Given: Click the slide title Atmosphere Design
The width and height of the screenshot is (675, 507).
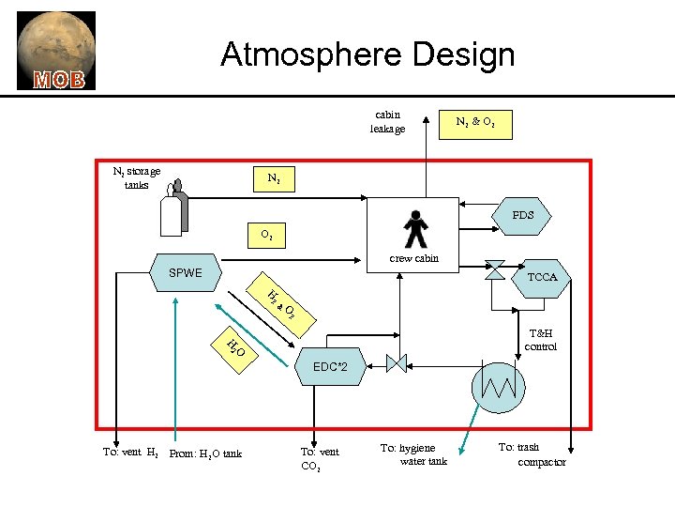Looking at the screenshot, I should pos(367,54).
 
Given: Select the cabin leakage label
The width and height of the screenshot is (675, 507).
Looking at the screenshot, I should pos(387,122).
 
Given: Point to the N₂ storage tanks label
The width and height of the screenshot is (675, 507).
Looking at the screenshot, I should pos(136,177).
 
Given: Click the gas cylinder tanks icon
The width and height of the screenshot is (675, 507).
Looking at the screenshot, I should pos(173,209).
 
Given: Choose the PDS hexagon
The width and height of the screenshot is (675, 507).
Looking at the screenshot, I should pos(522,215).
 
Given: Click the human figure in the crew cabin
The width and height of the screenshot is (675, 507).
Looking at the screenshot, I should pos(414,229).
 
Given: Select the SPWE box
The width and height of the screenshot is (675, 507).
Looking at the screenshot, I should pos(187,273).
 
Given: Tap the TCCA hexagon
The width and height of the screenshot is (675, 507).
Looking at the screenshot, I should pos(542,277).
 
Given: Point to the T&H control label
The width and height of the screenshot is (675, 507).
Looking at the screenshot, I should pos(541,339).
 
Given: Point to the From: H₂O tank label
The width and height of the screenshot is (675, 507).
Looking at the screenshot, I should pos(205,454).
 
